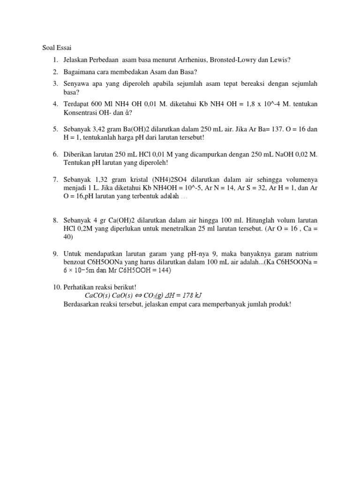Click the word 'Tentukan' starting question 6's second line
(76, 163)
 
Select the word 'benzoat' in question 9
(75, 262)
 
